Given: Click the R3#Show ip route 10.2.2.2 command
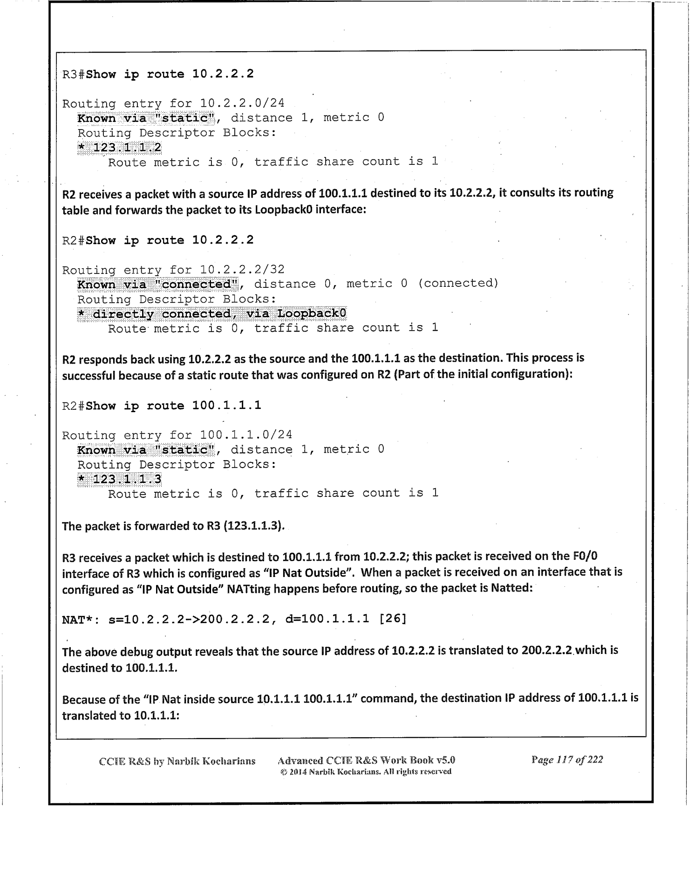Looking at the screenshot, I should click(158, 74).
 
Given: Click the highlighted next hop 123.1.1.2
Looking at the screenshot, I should click(120, 148).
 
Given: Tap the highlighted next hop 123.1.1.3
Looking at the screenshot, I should click(120, 479).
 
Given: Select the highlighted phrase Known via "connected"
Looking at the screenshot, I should click(157, 285).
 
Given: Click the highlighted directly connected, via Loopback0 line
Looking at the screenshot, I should click(212, 314).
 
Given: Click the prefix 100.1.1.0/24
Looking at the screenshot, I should click(245, 435).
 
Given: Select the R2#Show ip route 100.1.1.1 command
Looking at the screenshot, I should click(162, 406).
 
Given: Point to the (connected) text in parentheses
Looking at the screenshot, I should click(458, 284).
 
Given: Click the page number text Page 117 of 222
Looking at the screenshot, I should click(567, 760).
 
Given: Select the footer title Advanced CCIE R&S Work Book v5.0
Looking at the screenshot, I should click(366, 761).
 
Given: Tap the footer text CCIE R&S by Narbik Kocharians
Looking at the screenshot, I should click(177, 761).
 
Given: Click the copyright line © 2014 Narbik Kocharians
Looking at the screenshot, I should click(366, 772).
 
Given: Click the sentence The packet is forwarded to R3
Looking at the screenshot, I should click(173, 526).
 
